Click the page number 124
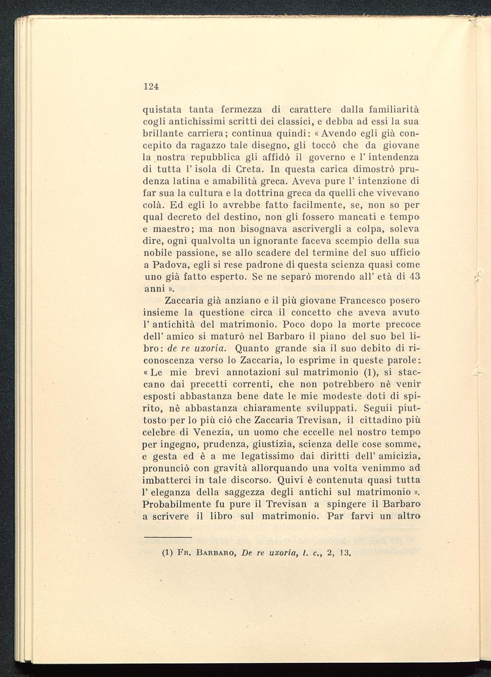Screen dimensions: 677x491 pos(151,86)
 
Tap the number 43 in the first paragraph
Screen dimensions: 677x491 pos(414,276)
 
